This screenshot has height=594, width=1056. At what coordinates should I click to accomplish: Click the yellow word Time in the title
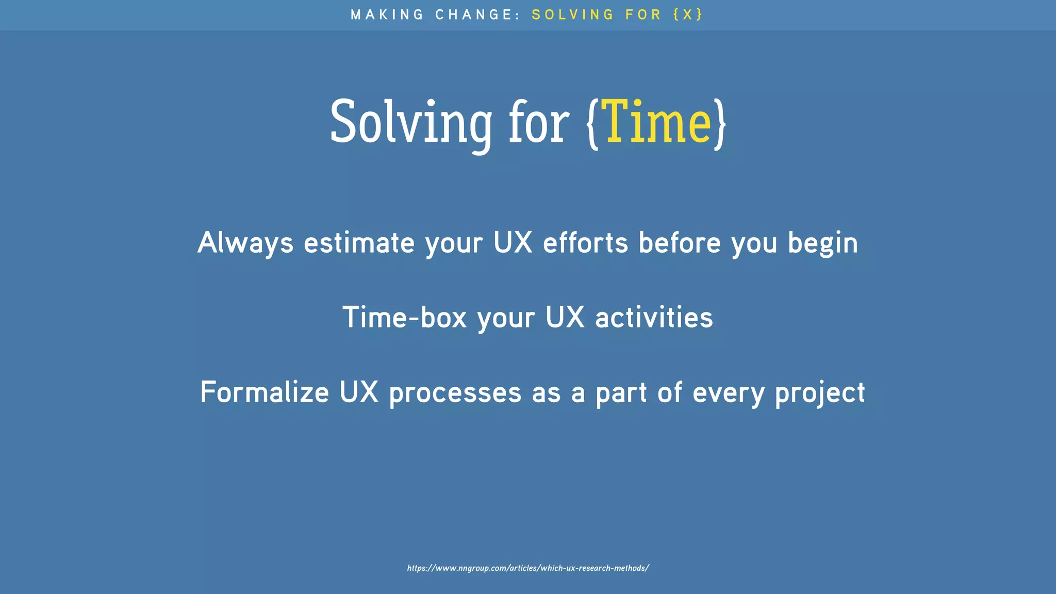tap(656, 122)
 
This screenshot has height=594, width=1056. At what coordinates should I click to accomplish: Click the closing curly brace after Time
tap(720, 124)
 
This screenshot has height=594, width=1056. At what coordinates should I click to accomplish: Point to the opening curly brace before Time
tap(593, 124)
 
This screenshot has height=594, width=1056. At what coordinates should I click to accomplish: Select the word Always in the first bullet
tap(245, 243)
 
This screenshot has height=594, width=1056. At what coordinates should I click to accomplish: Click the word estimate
tap(359, 243)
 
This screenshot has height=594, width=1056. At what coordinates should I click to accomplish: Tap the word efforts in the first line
tap(585, 242)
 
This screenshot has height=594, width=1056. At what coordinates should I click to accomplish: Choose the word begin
tap(822, 243)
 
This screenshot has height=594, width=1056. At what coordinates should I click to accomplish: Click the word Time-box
tap(405, 317)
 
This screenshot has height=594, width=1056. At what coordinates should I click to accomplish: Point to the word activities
tap(654, 317)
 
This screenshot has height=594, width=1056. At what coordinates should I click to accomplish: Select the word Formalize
tap(265, 392)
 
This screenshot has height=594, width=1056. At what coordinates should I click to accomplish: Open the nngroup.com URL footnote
tap(527, 568)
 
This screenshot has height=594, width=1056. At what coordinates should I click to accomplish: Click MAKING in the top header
tap(387, 14)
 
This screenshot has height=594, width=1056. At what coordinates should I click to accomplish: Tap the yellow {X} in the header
tap(688, 14)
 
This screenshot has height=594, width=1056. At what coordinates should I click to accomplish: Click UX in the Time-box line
tap(565, 317)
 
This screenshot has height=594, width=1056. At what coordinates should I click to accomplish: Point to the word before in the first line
tap(680, 242)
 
